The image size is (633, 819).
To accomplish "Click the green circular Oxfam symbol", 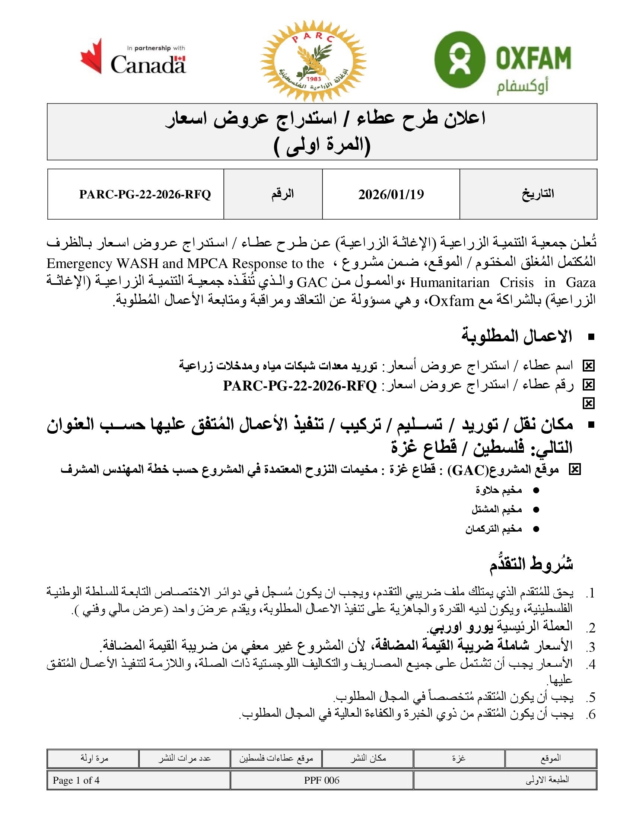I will pos(460,60).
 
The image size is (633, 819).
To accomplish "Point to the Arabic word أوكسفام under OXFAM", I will pos(522,87).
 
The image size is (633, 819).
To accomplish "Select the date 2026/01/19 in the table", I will pos(391,194).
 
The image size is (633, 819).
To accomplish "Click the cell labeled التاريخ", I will pos(538,194).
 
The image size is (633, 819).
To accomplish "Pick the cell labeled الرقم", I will pos(282,194).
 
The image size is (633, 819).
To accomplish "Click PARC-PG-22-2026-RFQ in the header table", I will pos(145,194).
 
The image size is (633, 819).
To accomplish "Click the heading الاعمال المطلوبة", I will pos(516,337).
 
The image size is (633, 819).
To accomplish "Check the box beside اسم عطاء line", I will pos(589,366).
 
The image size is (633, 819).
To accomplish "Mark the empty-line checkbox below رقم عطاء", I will pos(589,404).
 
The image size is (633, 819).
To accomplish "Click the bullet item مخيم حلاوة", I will pos(499,490).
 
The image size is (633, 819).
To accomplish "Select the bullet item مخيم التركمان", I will pos(493,529).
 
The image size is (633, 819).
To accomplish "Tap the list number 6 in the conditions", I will pos(591,715).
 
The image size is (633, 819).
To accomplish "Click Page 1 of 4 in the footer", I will pos(76,780).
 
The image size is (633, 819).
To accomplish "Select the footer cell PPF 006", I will pos(321,780).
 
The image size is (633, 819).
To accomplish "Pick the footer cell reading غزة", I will pos(459,758).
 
